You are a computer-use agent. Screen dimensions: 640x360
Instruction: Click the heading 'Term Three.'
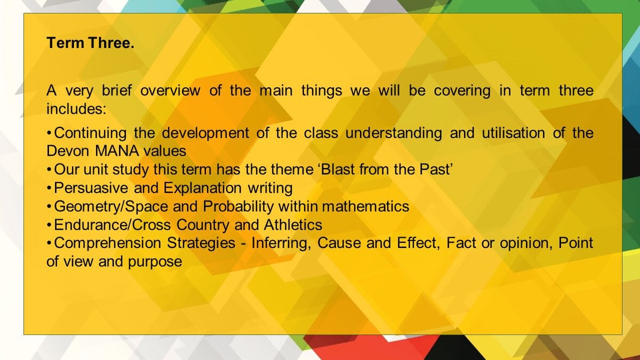90,43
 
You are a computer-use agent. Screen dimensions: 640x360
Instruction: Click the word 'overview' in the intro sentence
170,91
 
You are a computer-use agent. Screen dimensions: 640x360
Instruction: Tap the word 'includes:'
76,109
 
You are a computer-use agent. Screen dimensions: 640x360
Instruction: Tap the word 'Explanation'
203,188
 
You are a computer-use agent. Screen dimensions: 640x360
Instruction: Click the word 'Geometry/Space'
111,206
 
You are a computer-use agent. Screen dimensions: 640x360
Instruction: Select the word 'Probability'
238,206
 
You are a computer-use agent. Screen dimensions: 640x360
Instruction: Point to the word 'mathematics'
366,206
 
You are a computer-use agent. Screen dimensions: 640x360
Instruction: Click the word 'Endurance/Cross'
113,225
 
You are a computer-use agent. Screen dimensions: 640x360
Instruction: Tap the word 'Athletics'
293,225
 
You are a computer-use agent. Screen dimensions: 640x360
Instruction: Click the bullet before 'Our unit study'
49,170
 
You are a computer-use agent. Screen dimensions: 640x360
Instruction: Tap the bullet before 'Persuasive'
49,188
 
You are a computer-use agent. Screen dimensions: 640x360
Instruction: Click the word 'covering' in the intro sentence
462,91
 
